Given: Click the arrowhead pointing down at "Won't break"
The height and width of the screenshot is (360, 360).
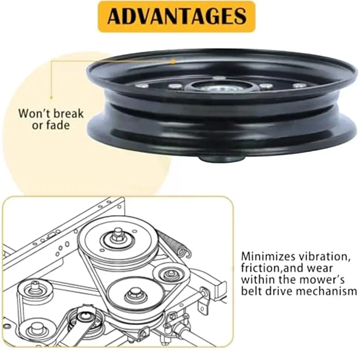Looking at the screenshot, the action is click(51, 96).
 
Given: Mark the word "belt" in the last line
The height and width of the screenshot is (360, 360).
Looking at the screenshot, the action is click(251, 291).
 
